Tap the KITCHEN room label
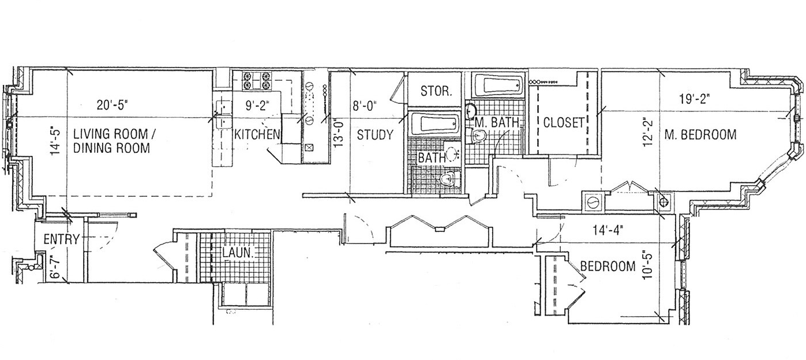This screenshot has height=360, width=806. pyautogui.click(x=257, y=135)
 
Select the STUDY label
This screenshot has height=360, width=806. pyautogui.click(x=375, y=136)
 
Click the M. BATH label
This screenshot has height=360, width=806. pyautogui.click(x=498, y=122)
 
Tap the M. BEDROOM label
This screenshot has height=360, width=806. pyautogui.click(x=700, y=135)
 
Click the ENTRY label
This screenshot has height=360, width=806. pyautogui.click(x=61, y=239)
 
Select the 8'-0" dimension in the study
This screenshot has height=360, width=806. pyautogui.click(x=363, y=105)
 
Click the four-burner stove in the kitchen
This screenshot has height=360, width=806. pyautogui.click(x=256, y=80)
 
